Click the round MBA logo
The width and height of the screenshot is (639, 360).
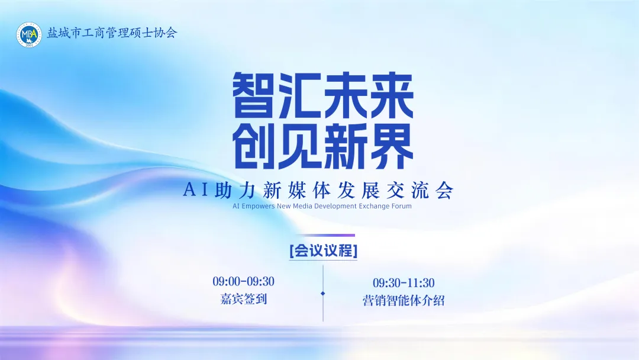(29, 35)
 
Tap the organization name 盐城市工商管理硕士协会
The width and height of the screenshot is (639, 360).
(112, 33)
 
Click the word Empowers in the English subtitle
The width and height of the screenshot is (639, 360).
(259, 207)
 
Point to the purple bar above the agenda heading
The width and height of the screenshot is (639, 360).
(325, 236)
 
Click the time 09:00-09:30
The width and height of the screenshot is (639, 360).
(243, 281)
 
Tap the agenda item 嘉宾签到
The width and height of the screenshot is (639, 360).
(243, 299)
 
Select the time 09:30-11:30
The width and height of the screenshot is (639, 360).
(404, 283)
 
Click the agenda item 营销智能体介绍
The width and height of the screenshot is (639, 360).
(404, 301)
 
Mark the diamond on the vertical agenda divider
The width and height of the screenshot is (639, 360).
(323, 293)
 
